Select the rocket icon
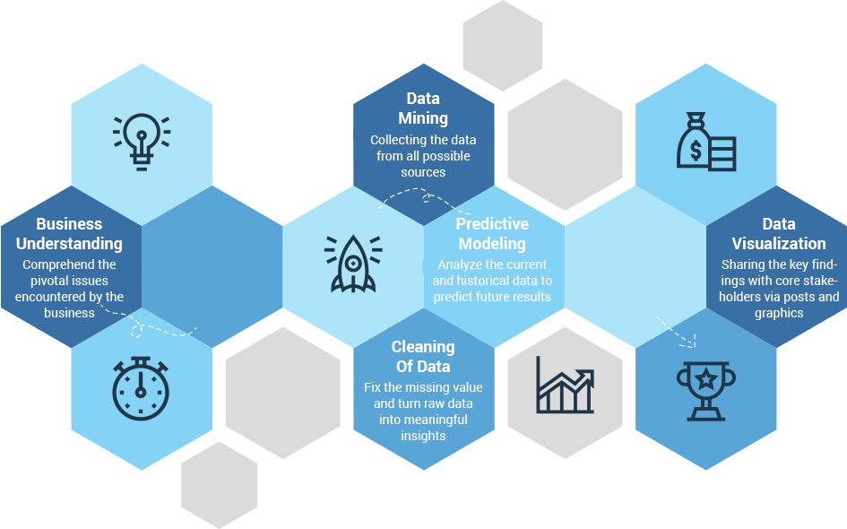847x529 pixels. [353, 264]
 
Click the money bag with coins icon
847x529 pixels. [705, 142]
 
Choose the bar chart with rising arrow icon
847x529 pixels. [565, 385]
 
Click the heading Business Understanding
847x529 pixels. [69, 234]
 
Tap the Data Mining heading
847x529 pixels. [423, 108]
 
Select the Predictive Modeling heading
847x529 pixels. [492, 234]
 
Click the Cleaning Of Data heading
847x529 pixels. [423, 357]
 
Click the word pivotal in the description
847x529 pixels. [42, 281]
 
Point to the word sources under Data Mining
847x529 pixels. [423, 172]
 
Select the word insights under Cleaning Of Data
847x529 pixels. [423, 436]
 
